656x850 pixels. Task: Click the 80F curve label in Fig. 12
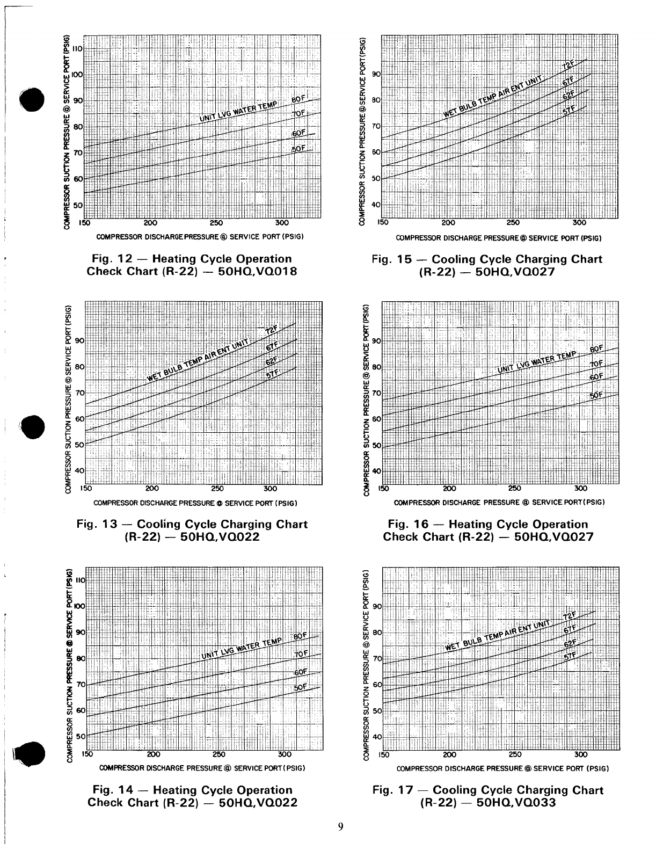[x=298, y=99]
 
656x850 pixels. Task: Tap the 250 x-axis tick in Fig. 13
[x=217, y=489]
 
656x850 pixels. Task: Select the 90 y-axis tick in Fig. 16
[x=376, y=341]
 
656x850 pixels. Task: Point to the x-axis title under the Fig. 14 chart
[x=202, y=768]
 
